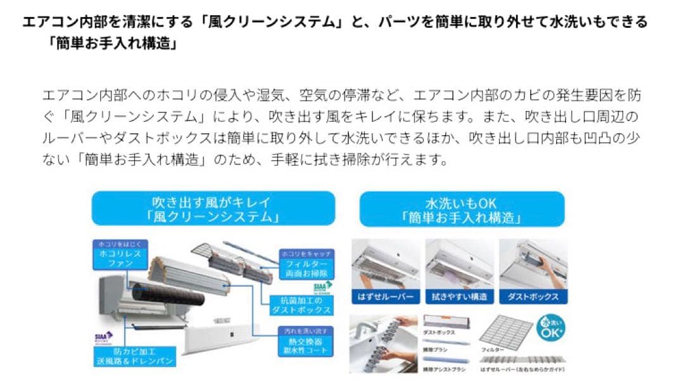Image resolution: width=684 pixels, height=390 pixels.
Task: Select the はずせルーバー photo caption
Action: [386, 297]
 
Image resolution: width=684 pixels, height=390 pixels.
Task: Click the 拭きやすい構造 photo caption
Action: [460, 297]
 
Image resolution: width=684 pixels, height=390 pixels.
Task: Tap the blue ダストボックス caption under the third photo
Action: [533, 297]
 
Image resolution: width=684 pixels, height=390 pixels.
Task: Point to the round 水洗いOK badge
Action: [550, 330]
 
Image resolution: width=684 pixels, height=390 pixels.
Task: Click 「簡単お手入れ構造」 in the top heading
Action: [115, 45]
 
